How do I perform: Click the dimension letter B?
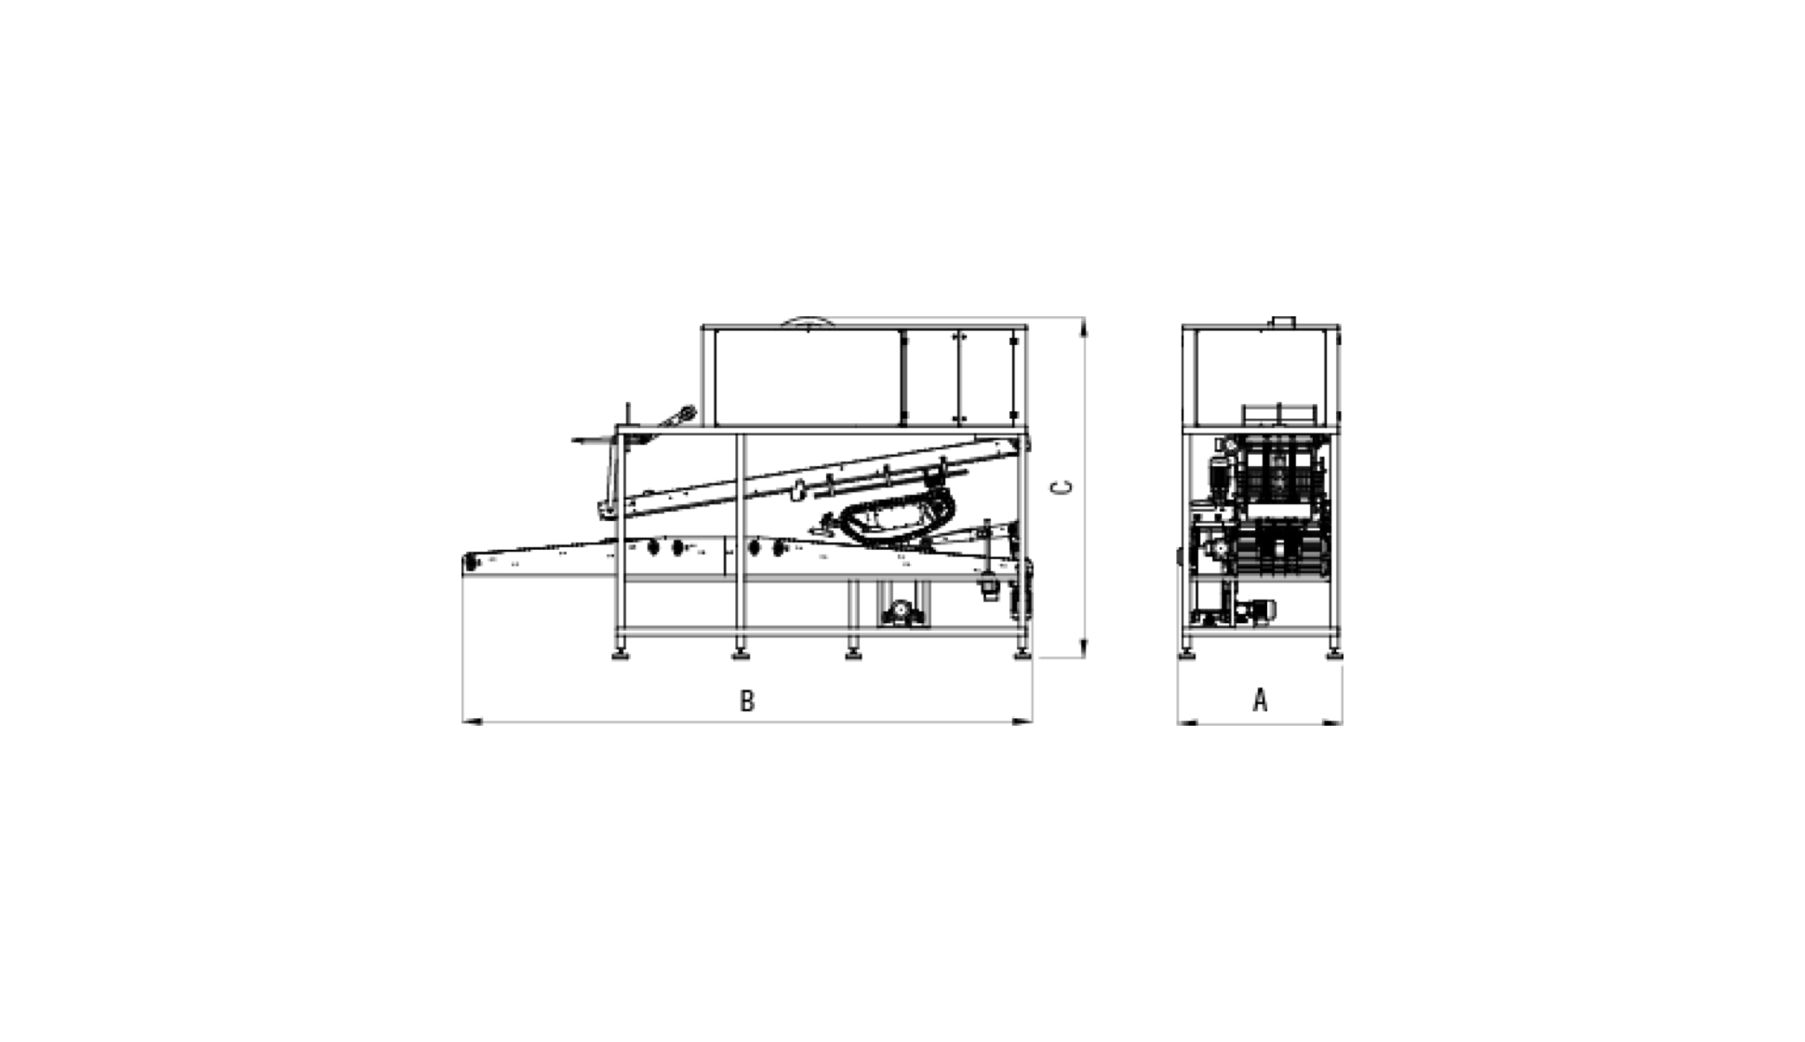pyautogui.click(x=747, y=701)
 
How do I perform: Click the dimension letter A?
pyautogui.click(x=1260, y=700)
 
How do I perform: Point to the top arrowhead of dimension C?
pyautogui.click(x=1083, y=328)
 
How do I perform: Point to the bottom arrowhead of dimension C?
pyautogui.click(x=1083, y=648)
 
